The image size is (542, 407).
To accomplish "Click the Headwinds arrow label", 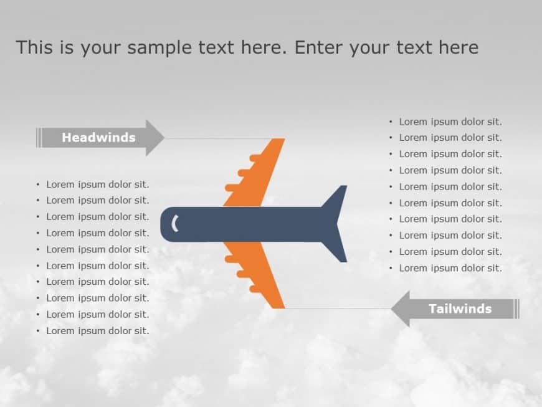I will [98, 138].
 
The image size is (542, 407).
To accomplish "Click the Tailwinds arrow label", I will [460, 309].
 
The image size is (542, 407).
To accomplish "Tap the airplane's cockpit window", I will [175, 223].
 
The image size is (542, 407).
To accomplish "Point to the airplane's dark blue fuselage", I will [249, 224].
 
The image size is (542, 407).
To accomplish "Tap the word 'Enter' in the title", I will [319, 47].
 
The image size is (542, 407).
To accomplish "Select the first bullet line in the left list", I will [97, 184].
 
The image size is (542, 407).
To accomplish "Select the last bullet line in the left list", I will [97, 331].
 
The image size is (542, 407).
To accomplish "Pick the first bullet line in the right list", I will [450, 122].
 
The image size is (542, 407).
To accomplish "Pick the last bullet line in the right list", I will [450, 268].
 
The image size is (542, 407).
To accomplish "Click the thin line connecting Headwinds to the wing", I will [218, 138].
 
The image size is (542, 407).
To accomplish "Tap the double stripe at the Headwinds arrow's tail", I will [39, 138].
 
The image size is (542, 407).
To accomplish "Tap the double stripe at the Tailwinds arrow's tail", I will [516, 309].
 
